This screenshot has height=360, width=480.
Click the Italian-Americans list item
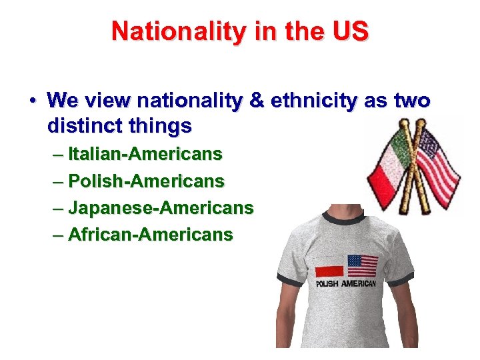[x=145, y=155]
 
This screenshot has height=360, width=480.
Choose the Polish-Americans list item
[x=147, y=181]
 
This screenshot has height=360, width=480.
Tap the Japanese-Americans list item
[x=161, y=208]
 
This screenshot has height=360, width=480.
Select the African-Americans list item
[x=151, y=235]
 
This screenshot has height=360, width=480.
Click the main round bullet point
[x=32, y=101]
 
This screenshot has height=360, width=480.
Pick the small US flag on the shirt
[x=363, y=265]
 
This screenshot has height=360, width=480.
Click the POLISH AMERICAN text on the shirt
[x=346, y=283]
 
